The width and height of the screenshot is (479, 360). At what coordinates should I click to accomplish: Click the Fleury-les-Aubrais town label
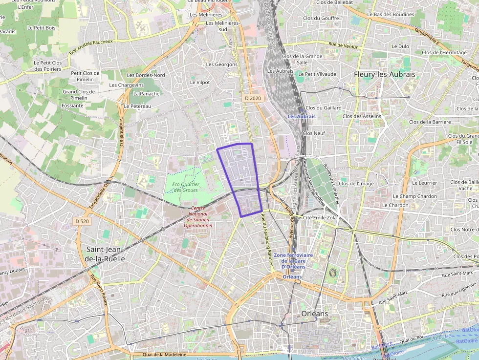[384, 75]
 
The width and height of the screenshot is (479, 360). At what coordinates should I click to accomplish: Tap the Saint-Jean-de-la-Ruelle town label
[106, 254]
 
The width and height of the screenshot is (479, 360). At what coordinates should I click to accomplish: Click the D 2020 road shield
[252, 98]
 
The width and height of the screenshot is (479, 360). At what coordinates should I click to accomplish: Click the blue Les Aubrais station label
[301, 117]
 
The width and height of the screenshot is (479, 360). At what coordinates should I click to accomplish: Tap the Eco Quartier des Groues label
[185, 187]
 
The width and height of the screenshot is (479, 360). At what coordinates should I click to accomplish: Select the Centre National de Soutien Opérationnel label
[198, 217]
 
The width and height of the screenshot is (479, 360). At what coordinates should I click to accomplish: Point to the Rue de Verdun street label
[344, 45]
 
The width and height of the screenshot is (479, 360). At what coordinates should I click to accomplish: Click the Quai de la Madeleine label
[164, 355]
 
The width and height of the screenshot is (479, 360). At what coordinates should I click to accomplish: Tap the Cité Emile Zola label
[320, 217]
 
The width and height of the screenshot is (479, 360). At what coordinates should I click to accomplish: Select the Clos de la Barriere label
[430, 122]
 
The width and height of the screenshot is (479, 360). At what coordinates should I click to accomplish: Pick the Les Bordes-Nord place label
[146, 75]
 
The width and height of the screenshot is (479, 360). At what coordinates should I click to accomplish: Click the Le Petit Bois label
[42, 28]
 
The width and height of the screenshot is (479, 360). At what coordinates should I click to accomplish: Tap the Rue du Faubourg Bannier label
[266, 239]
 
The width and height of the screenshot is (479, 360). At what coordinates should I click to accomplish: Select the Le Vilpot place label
[199, 83]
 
